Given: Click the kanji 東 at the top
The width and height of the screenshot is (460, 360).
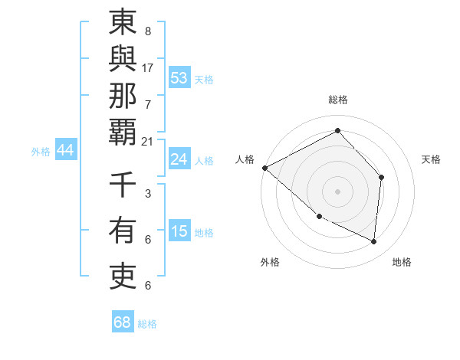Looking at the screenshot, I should (123, 23).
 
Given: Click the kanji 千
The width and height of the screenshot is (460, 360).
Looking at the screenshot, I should (123, 185).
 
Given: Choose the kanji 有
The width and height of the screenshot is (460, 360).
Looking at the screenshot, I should (123, 230).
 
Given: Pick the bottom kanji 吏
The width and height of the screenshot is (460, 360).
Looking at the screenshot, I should (123, 274).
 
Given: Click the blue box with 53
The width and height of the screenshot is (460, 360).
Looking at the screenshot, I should (179, 77).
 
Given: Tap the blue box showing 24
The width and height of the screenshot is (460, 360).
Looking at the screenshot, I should (179, 159).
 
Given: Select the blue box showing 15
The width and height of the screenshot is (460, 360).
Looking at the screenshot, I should (179, 231).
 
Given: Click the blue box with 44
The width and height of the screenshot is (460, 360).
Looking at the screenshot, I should (65, 150).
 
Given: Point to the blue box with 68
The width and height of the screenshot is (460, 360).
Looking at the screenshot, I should (122, 322).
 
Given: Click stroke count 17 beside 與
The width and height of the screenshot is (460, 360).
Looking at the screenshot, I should (148, 67).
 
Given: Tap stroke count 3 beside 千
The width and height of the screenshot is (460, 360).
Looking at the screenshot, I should (148, 194).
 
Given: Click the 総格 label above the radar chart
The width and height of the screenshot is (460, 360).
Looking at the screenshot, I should (337, 100).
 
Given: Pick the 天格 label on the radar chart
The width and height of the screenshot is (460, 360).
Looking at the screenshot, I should (431, 159).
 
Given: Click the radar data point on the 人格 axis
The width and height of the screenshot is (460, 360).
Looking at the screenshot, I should (264, 168).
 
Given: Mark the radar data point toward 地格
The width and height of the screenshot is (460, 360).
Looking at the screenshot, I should (374, 241).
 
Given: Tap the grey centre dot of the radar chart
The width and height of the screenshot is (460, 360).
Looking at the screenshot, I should (337, 191).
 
